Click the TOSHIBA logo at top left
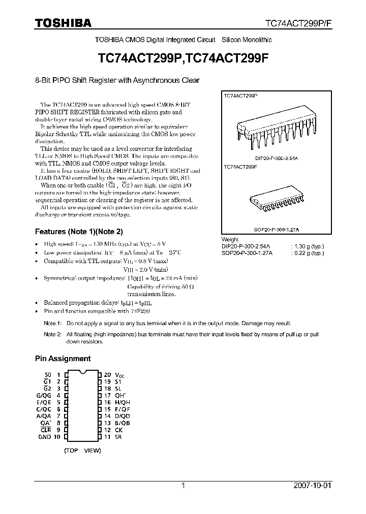tap(63, 23)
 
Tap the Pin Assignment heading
tap(63, 359)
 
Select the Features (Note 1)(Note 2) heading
tap(79, 232)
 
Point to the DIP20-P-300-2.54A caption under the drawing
tap(277, 158)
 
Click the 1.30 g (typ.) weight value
tap(307, 246)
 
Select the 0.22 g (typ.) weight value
tap(307, 253)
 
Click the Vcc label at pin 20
tap(120, 374)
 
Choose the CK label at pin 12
tap(118, 430)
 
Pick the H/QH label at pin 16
tap(123, 402)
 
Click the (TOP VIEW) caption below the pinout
tap(82, 451)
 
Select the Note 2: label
tap(52, 335)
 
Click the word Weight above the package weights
tap(230, 240)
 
